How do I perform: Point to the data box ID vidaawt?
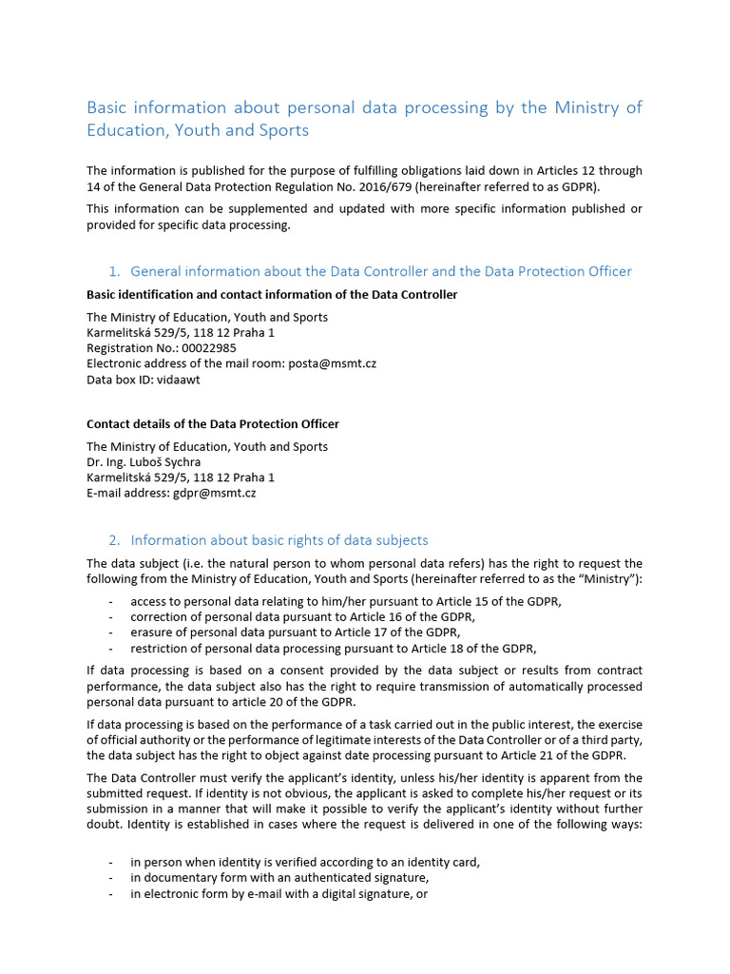(179, 379)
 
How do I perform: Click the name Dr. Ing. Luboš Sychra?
(144, 462)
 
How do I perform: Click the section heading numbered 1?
(380, 271)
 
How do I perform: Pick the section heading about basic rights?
(279, 540)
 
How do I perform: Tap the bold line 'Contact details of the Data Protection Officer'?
(213, 424)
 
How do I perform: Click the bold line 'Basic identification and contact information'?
(272, 295)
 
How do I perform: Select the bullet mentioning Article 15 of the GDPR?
(346, 601)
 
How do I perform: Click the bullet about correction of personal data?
(302, 616)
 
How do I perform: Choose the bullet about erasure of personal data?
(295, 632)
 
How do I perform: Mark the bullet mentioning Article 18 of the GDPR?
(333, 649)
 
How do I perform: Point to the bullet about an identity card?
(305, 862)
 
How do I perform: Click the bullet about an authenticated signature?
(279, 878)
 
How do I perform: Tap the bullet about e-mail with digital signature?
(279, 894)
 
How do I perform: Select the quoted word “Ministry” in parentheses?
(610, 579)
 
